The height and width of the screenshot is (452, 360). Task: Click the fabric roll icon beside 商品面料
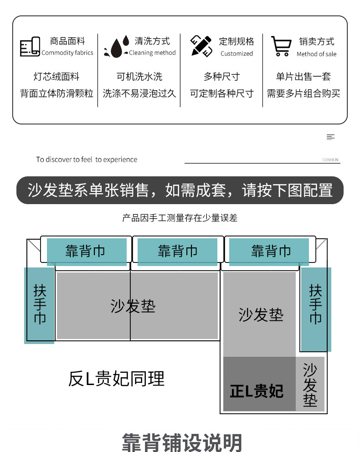[x=30, y=46]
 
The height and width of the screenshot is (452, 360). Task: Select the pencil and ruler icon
[x=201, y=46]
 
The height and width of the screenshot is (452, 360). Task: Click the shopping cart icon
[x=281, y=46]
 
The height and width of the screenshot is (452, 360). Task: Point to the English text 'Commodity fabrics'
[x=67, y=53]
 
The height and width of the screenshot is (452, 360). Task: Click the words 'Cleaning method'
[x=152, y=53]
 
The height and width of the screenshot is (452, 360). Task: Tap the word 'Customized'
[x=237, y=53]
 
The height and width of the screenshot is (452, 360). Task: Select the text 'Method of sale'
[x=316, y=54]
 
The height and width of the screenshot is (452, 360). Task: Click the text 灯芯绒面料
[x=57, y=77]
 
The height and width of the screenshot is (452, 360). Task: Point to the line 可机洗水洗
[x=139, y=77]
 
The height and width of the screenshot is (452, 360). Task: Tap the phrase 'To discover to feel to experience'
[x=87, y=159]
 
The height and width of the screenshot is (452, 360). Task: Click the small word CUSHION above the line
[x=330, y=160]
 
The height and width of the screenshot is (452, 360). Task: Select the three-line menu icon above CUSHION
[x=331, y=137]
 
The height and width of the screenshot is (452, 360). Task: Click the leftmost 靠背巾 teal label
[x=86, y=251]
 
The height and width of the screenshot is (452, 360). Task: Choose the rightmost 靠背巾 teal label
[x=271, y=251]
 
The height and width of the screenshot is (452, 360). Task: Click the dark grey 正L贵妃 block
[x=259, y=384]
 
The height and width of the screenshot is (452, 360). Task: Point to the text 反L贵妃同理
[x=116, y=379]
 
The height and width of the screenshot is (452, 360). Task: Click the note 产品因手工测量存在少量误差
[x=180, y=218]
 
